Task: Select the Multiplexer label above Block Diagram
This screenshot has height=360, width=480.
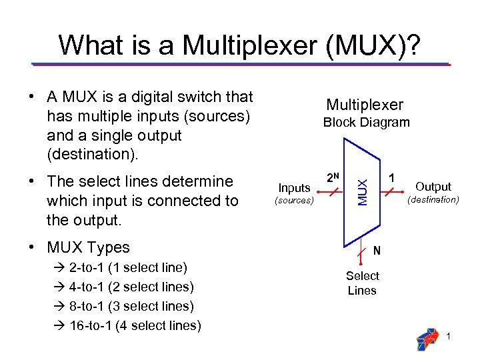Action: [365, 105]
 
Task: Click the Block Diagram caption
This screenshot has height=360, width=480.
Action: [366, 122]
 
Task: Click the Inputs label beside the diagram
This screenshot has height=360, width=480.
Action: [294, 188]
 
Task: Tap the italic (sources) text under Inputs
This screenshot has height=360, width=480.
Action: [293, 200]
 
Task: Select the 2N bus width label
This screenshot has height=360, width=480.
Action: [332, 178]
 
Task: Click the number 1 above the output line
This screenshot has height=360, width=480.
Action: [393, 178]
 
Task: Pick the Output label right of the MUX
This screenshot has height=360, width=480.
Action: [433, 187]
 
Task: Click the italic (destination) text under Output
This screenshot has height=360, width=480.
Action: [433, 199]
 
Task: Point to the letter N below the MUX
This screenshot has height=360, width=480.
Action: [377, 251]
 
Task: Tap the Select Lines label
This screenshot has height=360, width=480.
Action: [362, 283]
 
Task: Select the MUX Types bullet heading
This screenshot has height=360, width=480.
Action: [88, 247]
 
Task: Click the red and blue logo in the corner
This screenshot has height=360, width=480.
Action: [427, 339]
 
